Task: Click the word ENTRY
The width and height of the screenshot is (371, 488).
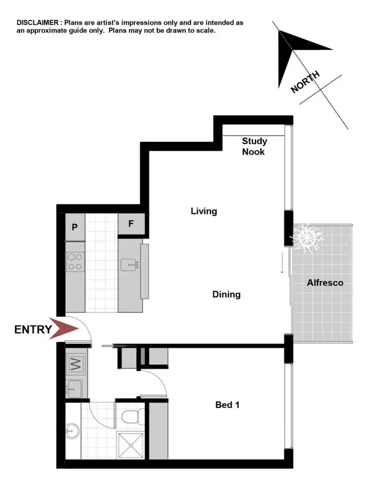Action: (x=33, y=329)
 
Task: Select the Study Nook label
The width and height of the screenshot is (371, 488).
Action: (x=254, y=147)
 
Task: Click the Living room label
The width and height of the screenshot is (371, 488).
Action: (x=204, y=212)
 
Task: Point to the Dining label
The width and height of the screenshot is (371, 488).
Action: (x=226, y=295)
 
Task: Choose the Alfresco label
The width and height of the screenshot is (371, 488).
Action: (x=325, y=283)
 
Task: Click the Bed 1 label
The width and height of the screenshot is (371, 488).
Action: (x=228, y=405)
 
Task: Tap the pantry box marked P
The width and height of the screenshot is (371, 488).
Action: (x=75, y=227)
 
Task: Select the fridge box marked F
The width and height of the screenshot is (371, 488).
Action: (x=131, y=224)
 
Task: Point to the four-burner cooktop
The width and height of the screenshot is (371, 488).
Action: (x=75, y=262)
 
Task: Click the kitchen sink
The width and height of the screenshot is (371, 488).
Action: (x=131, y=265)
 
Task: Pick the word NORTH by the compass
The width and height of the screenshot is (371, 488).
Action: (x=305, y=82)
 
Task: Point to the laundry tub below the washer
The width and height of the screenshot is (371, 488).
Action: (x=75, y=389)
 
